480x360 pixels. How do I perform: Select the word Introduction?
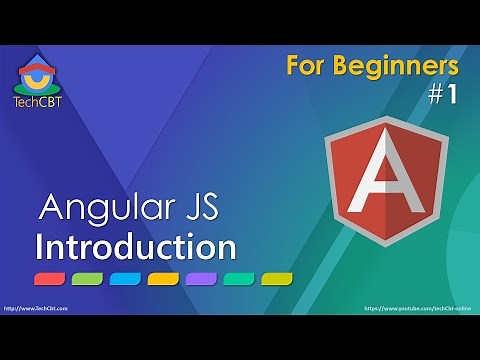coord(135,245)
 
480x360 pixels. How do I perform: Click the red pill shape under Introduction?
coord(50,278)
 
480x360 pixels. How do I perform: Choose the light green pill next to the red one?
coord(88,278)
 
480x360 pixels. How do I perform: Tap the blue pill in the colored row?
coord(125,278)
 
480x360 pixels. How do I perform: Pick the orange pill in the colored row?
coord(163,278)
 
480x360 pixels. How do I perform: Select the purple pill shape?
coord(201,278)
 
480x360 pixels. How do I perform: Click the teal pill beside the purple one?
coord(239,278)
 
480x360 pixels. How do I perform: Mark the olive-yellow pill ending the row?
coord(277,278)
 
